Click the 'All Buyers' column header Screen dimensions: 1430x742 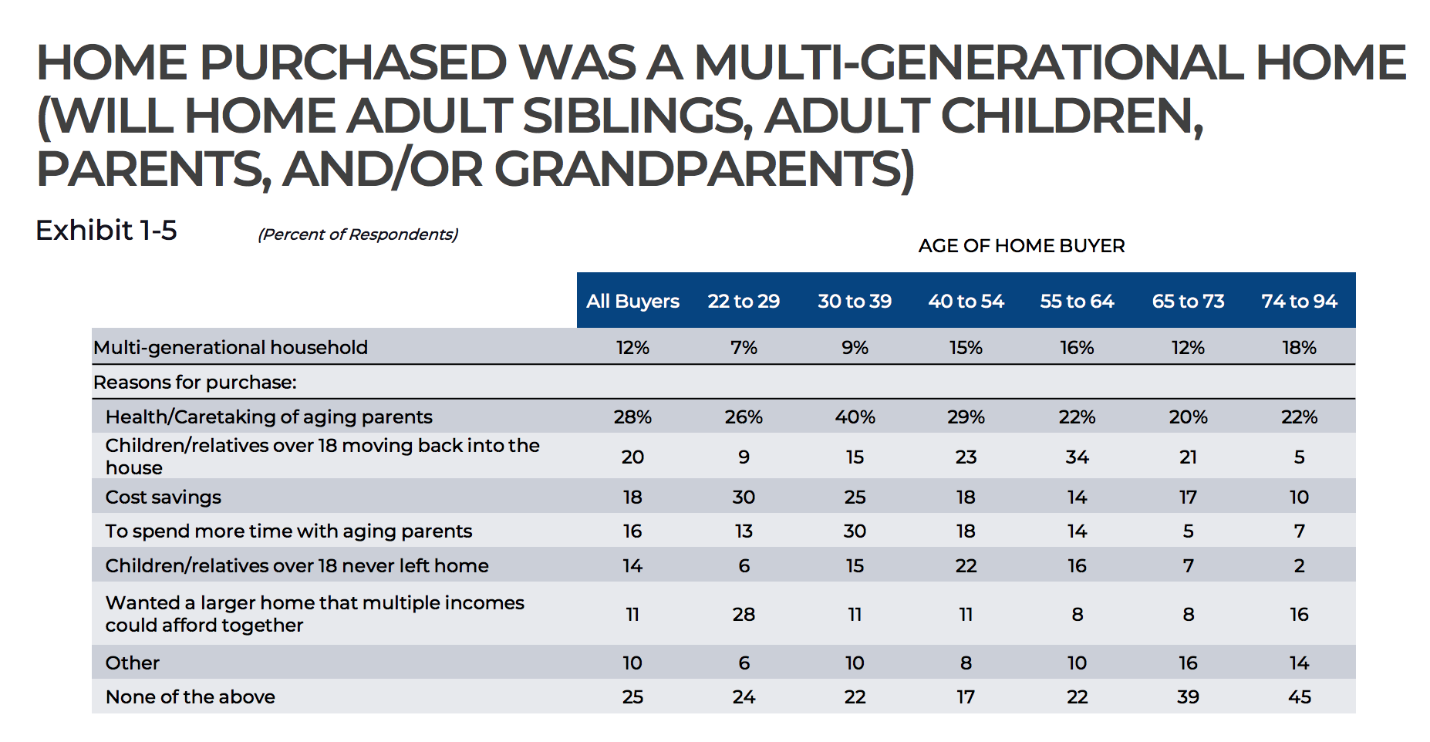pyautogui.click(x=632, y=301)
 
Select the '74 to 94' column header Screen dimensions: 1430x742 pyautogui.click(x=1299, y=301)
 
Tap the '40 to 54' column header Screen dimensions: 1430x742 pyautogui.click(x=966, y=301)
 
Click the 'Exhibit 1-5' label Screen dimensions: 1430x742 pyautogui.click(x=106, y=230)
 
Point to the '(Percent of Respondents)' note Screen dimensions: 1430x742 pyautogui.click(x=358, y=234)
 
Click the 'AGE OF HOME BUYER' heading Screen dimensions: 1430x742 pyautogui.click(x=1021, y=246)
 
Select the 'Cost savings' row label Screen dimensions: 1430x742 pyautogui.click(x=164, y=497)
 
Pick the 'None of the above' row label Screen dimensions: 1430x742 pyautogui.click(x=191, y=696)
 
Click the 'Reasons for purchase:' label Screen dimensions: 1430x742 pyautogui.click(x=195, y=383)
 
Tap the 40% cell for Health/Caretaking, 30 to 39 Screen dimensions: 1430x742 pyautogui.click(x=855, y=417)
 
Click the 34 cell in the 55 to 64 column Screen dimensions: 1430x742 pyautogui.click(x=1077, y=457)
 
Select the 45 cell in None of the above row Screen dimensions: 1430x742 pyautogui.click(x=1299, y=697)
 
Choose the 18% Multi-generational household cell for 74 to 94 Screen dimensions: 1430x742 pyautogui.click(x=1299, y=348)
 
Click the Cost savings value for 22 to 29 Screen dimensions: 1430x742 pyautogui.click(x=744, y=497)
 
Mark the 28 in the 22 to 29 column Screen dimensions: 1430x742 pyautogui.click(x=744, y=615)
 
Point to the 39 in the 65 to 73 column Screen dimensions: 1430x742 pyautogui.click(x=1188, y=697)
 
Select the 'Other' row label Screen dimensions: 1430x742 pyautogui.click(x=133, y=663)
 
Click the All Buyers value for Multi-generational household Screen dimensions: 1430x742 pyautogui.click(x=632, y=348)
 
